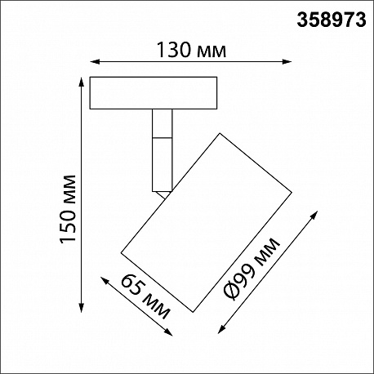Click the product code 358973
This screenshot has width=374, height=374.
[332, 20]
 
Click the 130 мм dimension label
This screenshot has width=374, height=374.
[191, 50]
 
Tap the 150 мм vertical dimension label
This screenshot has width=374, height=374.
[68, 209]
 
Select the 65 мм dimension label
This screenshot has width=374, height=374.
[145, 296]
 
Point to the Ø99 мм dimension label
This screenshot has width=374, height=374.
[252, 269]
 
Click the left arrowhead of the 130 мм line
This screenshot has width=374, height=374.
[94, 62]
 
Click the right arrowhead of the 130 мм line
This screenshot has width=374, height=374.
[287, 62]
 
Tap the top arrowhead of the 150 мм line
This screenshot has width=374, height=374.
[81, 82]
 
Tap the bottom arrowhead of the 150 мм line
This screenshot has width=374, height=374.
[81, 308]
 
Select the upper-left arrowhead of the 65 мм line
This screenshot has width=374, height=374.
[105, 281]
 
